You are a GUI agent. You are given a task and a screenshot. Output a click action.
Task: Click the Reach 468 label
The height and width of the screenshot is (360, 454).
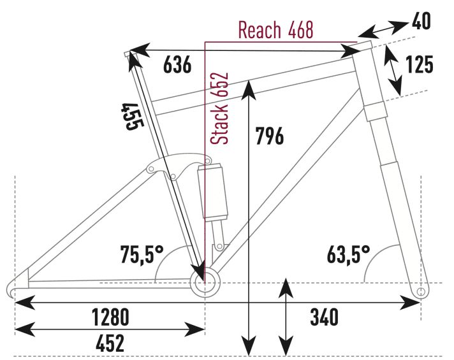click(275, 29)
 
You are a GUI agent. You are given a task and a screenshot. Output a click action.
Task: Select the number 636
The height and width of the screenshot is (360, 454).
click(177, 65)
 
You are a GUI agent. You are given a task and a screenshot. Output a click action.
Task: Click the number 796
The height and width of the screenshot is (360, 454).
click(268, 136)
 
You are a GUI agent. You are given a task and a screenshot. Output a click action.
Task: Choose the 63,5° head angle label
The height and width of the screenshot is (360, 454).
click(349, 255)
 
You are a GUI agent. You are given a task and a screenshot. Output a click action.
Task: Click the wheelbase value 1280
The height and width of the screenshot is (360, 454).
click(110, 316)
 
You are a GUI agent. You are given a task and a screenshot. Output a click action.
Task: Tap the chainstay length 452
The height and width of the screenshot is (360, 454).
click(110, 344)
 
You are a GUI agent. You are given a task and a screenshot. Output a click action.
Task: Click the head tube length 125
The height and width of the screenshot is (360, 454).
click(419, 65)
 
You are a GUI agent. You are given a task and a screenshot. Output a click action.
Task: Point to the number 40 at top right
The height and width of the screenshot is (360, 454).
click(421, 23)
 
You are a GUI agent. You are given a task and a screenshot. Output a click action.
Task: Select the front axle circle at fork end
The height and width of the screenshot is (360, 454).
click(420, 291)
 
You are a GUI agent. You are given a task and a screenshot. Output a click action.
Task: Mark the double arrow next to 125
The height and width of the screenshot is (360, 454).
click(393, 70)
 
